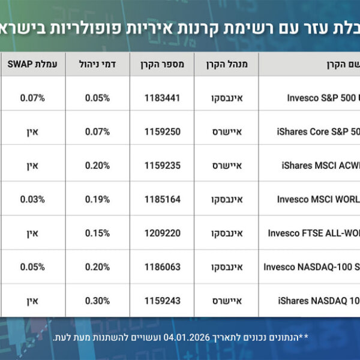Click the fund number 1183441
click(x=163, y=97)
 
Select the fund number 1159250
click(x=163, y=131)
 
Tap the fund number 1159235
click(x=163, y=164)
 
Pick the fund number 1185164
click(x=163, y=199)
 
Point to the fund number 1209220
click(x=163, y=233)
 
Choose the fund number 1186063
click(x=163, y=266)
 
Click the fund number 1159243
click(x=163, y=300)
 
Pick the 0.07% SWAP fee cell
click(x=32, y=97)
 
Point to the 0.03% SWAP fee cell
click(x=32, y=199)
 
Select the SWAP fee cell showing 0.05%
click(x=32, y=266)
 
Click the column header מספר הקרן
click(x=163, y=64)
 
